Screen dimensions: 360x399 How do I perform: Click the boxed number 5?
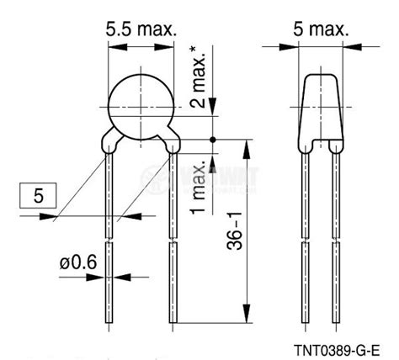click(39, 199)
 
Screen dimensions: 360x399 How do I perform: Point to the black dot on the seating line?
click(213, 139)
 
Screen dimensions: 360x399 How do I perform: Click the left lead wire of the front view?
click(111, 244)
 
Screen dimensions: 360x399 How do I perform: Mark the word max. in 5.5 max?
click(157, 29)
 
